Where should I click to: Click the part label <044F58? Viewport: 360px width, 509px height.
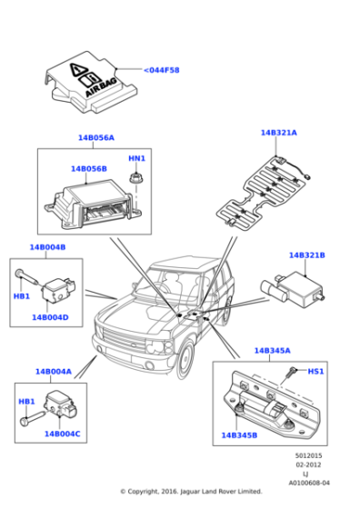[x=163, y=70]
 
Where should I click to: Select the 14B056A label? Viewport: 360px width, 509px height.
[x=95, y=138]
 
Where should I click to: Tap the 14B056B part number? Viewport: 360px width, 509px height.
[x=89, y=168]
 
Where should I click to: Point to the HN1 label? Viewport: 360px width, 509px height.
[x=136, y=158]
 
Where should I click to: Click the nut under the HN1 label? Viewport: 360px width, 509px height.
[x=136, y=176]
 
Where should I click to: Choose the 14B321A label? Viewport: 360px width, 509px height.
[x=279, y=133]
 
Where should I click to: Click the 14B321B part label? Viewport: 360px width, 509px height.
[x=306, y=255]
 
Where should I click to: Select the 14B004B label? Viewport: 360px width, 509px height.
[x=47, y=247]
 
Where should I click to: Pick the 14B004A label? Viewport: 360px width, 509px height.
[x=54, y=371]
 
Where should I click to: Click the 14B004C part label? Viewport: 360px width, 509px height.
[x=63, y=434]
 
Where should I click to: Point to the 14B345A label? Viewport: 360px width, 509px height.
[x=272, y=350]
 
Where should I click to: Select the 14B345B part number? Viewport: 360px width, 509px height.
[x=239, y=435]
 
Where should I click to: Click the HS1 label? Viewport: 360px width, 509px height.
[x=315, y=370]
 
